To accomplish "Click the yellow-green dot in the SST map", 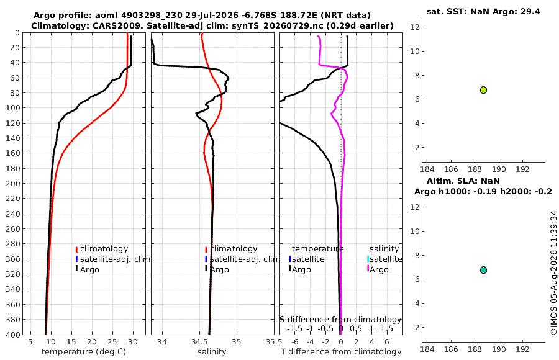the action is (x=483, y=90).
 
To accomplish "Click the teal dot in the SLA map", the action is (x=483, y=270).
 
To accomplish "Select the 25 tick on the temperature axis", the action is (x=112, y=342).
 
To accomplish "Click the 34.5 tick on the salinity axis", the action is (x=199, y=342).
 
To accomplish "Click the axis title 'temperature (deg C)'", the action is (x=84, y=352).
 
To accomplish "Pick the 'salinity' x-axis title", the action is (x=212, y=352).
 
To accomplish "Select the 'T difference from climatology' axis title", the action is (x=341, y=352).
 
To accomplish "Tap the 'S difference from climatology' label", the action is (x=340, y=320).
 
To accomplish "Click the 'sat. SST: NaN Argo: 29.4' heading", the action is (x=483, y=11).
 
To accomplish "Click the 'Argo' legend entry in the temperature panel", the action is (x=89, y=269).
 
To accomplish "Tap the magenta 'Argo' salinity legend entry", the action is (x=378, y=269).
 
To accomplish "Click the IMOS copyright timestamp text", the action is (x=553, y=272).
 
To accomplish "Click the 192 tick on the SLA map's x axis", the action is (x=522, y=349).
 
